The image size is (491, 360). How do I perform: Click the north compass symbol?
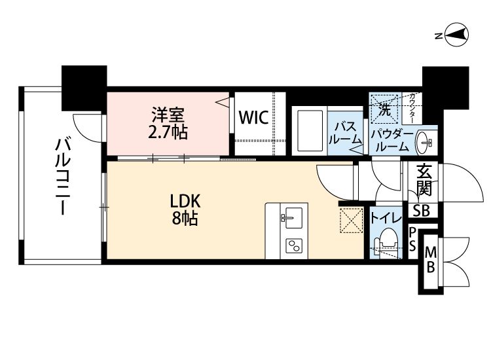click(x=456, y=35)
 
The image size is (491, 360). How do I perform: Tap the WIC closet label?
click(x=253, y=118)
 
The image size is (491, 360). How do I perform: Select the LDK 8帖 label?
click(x=185, y=209)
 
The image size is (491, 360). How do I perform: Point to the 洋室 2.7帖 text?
click(x=168, y=123)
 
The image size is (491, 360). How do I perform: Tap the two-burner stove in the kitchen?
click(x=294, y=245)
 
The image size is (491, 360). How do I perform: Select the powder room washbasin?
click(x=424, y=143)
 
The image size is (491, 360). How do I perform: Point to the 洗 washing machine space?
click(x=385, y=108)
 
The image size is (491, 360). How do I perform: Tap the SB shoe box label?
click(x=421, y=211)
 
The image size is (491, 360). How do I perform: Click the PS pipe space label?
click(x=412, y=239)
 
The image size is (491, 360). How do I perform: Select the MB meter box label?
click(x=431, y=260)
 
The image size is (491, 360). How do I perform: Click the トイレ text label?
click(x=386, y=218)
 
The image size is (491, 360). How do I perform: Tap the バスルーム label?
click(x=345, y=134)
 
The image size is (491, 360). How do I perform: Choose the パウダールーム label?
click(x=391, y=141)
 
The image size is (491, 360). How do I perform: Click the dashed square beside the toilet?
click(x=352, y=221)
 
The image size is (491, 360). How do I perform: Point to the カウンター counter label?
click(x=412, y=108)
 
